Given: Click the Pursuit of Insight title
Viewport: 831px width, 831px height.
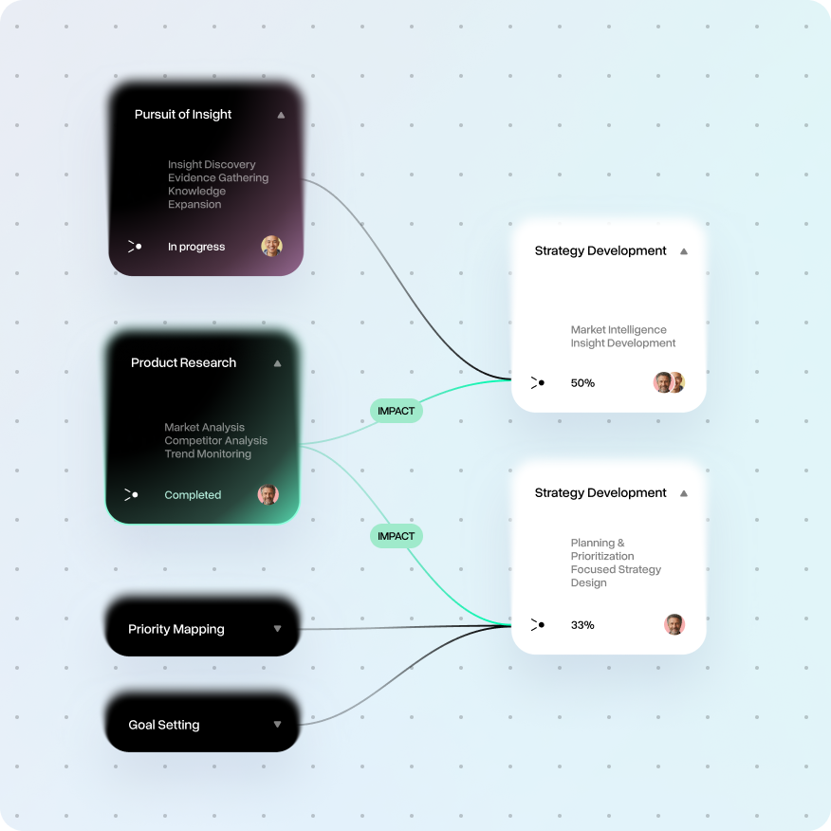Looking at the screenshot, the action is pos(183,115).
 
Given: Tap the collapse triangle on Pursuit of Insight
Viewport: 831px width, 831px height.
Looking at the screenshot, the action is pos(281,115).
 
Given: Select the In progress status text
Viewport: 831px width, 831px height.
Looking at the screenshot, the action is pos(196,247).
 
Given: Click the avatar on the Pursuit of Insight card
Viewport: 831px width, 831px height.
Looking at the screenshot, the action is pos(272,246).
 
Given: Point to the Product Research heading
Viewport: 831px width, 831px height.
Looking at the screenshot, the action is pos(183,362).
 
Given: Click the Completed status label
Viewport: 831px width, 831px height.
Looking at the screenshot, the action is pos(193,495).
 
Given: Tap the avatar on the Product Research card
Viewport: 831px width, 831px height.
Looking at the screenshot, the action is pos(268,494).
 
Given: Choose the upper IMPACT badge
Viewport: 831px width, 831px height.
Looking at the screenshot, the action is pos(396,411).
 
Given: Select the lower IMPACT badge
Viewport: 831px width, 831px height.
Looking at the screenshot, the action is pos(396,536).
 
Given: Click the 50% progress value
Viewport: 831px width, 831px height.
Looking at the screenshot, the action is pos(582,383).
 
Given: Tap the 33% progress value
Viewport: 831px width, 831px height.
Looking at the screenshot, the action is pos(582,625).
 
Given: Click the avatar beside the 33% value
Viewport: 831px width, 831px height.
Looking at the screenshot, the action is pos(674,624).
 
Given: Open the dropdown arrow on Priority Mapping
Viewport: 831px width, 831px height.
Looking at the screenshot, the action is pos(277,629).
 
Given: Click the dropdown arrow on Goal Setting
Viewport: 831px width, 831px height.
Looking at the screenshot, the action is pos(277,725).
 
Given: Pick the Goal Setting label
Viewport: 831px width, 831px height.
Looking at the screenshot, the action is pos(164,725).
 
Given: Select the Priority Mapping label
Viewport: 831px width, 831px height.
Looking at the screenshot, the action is pos(175,629).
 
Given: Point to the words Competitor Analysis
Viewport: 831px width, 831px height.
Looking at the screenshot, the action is pos(215,440).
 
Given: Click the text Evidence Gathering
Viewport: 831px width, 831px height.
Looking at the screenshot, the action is pos(218,177).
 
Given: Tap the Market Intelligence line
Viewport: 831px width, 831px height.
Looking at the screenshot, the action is pos(619,329).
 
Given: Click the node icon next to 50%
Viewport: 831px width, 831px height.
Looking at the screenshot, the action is pos(537,382).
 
